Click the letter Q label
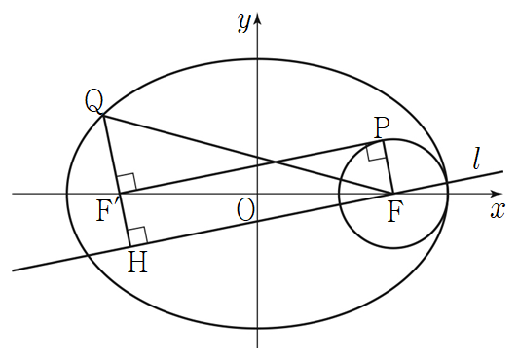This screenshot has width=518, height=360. pyautogui.click(x=94, y=100)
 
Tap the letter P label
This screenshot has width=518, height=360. pyautogui.click(x=382, y=128)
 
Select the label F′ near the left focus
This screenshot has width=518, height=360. pyautogui.click(x=104, y=211)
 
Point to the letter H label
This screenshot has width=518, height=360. pyautogui.click(x=137, y=263)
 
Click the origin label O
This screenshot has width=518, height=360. pyautogui.click(x=245, y=211)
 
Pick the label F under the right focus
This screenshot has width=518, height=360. pyautogui.click(x=395, y=212)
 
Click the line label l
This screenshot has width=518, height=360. pyautogui.click(x=476, y=159)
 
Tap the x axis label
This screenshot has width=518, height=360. pyautogui.click(x=498, y=210)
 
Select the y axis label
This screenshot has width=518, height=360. pyautogui.click(x=243, y=23)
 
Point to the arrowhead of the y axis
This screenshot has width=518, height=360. pyautogui.click(x=258, y=18)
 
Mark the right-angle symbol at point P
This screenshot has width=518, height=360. pyautogui.click(x=376, y=153)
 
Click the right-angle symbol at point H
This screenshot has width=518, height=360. pyautogui.click(x=138, y=235)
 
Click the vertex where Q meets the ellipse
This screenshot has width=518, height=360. pyautogui.click(x=104, y=115)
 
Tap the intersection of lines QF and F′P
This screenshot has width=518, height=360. pyautogui.click(x=275, y=162)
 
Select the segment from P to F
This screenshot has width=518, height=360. pyautogui.click(x=388, y=167)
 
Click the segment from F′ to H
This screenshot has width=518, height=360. pyautogui.click(x=125, y=220)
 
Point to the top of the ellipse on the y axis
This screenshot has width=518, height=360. pyautogui.click(x=258, y=59)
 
